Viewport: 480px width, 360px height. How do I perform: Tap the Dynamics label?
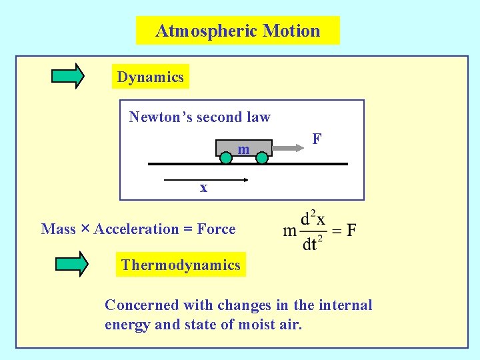(150, 77)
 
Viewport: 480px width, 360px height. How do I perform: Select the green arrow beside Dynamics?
(68, 76)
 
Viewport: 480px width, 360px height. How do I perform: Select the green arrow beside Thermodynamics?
(71, 263)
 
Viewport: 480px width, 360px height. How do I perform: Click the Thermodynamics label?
(181, 265)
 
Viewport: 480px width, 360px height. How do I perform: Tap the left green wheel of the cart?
(226, 158)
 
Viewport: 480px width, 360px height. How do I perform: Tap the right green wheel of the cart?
(262, 158)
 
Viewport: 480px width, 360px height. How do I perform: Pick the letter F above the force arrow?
(317, 139)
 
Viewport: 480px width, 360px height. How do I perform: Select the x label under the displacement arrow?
(204, 188)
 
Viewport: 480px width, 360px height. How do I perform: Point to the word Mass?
(58, 229)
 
